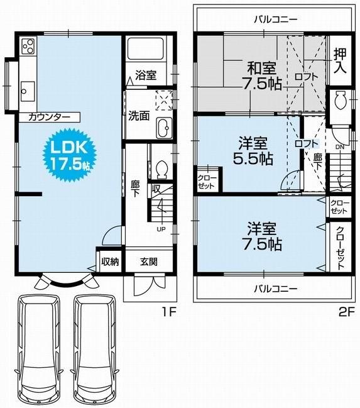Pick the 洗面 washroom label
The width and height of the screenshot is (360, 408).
(139, 116)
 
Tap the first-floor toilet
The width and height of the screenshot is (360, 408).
(160, 169)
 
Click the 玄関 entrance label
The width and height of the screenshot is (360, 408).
(148, 262)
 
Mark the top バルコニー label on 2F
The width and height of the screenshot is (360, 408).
(276, 19)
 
